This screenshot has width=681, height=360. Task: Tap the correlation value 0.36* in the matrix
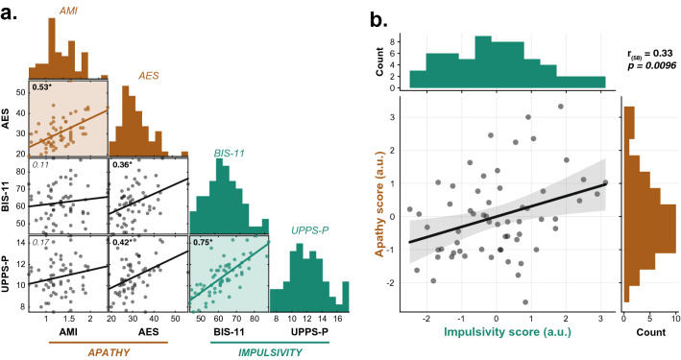(122, 164)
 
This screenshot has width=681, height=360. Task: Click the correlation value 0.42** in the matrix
(124, 243)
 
